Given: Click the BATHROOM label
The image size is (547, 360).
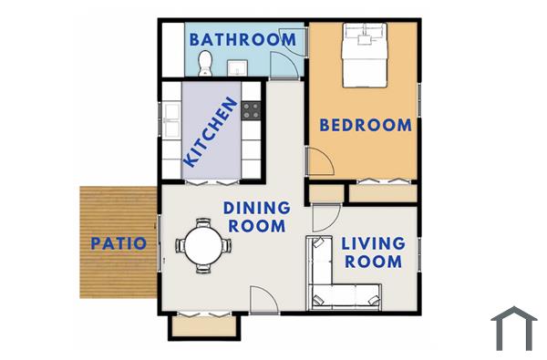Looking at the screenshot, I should click(243, 39).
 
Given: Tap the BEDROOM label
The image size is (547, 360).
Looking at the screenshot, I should click(366, 126).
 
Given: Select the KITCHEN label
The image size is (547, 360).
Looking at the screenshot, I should click(212, 133).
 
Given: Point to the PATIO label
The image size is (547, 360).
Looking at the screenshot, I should click(119, 243).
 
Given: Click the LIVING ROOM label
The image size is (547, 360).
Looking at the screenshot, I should click(372, 252).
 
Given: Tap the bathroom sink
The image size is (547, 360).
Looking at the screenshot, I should click(237, 67).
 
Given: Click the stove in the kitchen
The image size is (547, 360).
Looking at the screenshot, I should click(252, 111).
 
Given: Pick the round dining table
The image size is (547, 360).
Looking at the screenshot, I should click(202, 244).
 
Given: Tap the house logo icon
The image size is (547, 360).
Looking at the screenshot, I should click(514, 328).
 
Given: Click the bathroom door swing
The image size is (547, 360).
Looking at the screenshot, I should click(286, 67).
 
